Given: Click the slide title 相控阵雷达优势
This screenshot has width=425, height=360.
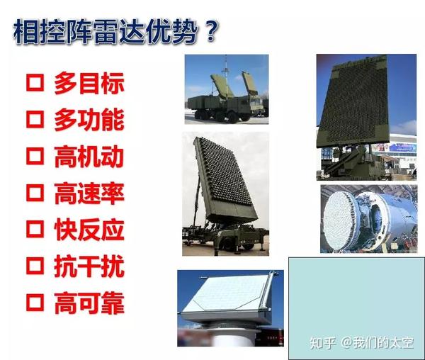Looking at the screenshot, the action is click(105, 32).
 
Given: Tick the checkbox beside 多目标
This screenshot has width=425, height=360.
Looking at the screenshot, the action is click(35, 83).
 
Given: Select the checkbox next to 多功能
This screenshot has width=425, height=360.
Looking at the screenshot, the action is click(35, 120).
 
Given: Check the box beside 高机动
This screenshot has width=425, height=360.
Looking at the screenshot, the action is click(35, 157).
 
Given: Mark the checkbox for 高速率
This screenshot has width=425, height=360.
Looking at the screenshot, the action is click(35, 193).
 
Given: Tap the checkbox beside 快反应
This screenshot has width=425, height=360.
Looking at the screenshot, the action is click(35, 230).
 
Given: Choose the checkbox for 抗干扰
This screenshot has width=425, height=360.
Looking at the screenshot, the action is click(35, 266).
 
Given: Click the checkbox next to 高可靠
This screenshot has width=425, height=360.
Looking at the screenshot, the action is click(35, 303).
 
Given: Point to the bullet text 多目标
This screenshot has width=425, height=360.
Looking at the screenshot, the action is click(89, 83).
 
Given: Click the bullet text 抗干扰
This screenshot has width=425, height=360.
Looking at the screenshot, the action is click(89, 266).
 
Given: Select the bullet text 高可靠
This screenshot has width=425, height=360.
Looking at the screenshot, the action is click(89, 303).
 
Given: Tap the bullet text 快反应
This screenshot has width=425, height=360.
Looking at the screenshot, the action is click(89, 230).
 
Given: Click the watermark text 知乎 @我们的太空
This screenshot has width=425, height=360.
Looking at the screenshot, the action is click(361, 343).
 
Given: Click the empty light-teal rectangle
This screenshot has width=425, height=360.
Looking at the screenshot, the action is click(356, 308).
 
